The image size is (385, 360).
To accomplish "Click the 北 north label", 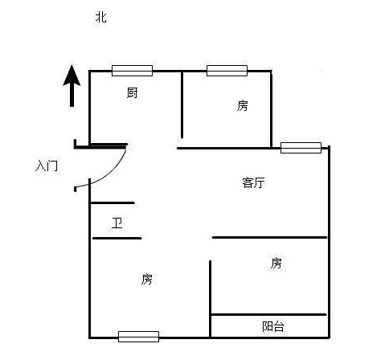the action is [x=100, y=17].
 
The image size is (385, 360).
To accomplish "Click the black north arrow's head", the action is [x=72, y=76].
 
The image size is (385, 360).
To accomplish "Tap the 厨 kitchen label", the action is [x=132, y=92].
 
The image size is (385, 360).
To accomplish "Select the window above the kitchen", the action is [x=132, y=71].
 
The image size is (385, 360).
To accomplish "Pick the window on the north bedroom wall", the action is [x=227, y=71].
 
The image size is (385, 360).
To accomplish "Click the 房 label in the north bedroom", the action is [x=242, y=105].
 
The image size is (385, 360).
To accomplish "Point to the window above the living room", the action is [x=301, y=148].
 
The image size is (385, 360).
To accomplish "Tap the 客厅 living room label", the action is [x=253, y=182].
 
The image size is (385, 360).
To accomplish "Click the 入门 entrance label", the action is [x=47, y=166].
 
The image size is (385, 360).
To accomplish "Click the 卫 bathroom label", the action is [x=117, y=223].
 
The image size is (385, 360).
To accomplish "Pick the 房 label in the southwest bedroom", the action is [x=147, y=279].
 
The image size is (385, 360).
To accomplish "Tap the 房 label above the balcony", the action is [x=276, y=263].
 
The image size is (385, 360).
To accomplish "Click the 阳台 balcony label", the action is [x=272, y=326].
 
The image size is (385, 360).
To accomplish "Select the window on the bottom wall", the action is [x=138, y=337].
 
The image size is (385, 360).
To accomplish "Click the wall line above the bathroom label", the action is [x=112, y=202].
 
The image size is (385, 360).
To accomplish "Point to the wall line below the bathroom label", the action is [x=117, y=238].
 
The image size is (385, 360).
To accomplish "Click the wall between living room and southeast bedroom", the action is [x=270, y=237].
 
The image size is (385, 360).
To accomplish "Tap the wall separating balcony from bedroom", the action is [x=268, y=314].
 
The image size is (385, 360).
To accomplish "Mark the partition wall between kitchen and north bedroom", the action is [x=182, y=104].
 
